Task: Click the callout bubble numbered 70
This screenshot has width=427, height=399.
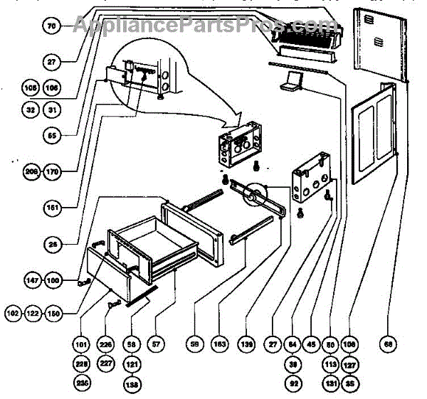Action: coord(52,26)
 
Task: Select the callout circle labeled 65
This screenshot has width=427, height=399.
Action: coord(52,133)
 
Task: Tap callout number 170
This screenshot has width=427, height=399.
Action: coord(53,171)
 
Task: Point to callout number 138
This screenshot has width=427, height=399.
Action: coord(132,383)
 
